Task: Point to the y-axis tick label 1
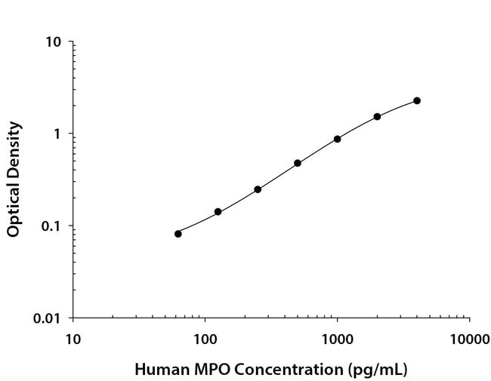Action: pyautogui.click(x=57, y=134)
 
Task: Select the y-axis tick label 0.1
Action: pyautogui.click(x=51, y=226)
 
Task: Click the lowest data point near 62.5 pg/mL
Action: pyautogui.click(x=178, y=234)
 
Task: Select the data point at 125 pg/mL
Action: pyautogui.click(x=218, y=212)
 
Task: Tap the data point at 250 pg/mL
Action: pyautogui.click(x=258, y=189)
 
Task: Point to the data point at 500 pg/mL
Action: pyautogui.click(x=298, y=163)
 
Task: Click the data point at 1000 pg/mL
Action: pyautogui.click(x=338, y=139)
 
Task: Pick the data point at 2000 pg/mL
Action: pyautogui.click(x=377, y=116)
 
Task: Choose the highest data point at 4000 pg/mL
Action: pyautogui.click(x=417, y=100)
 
